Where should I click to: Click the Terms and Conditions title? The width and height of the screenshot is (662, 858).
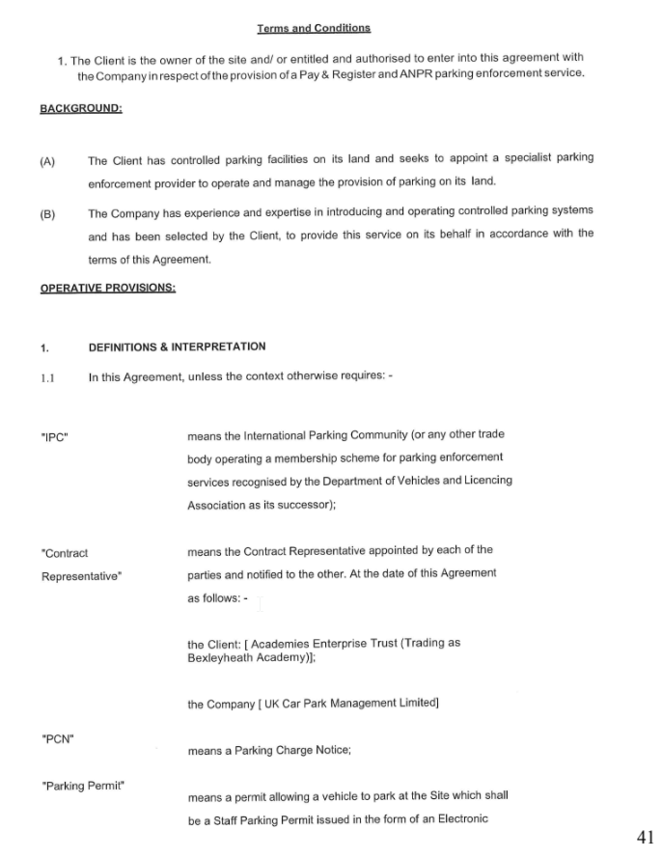pos(314,28)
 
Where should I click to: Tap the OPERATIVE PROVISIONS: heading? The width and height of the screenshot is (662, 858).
pos(107,287)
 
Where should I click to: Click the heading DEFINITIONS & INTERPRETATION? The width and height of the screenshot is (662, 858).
pos(177,346)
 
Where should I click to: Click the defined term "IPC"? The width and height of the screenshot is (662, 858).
pos(54,436)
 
